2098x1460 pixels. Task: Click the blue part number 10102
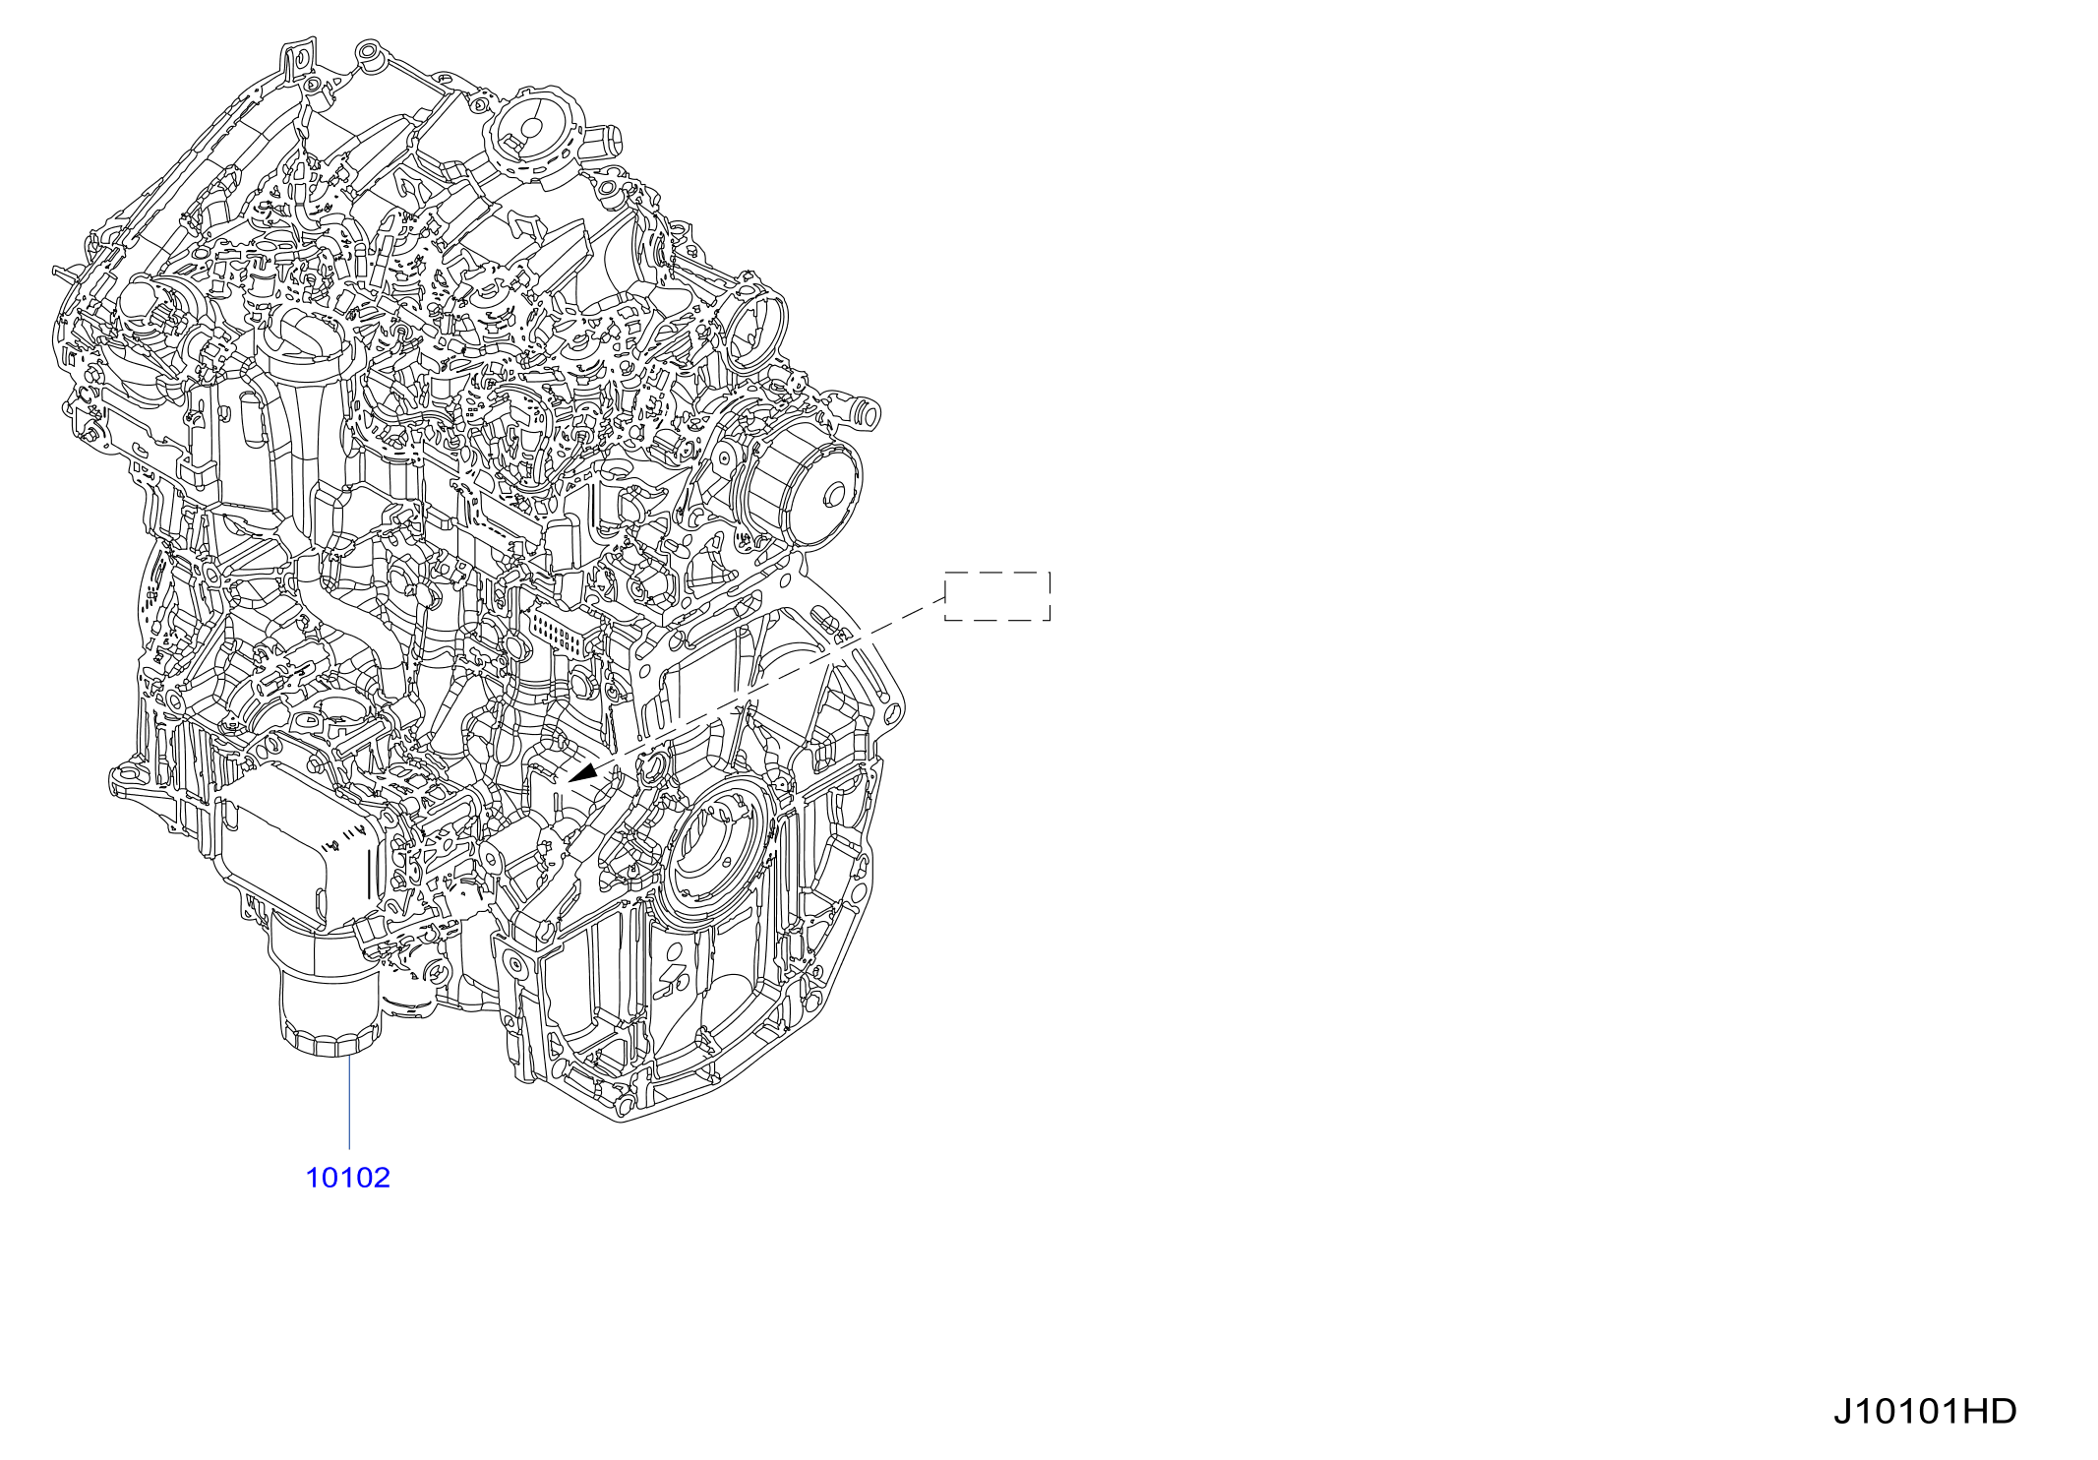coord(347,1178)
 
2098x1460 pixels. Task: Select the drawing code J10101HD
coord(1924,1411)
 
